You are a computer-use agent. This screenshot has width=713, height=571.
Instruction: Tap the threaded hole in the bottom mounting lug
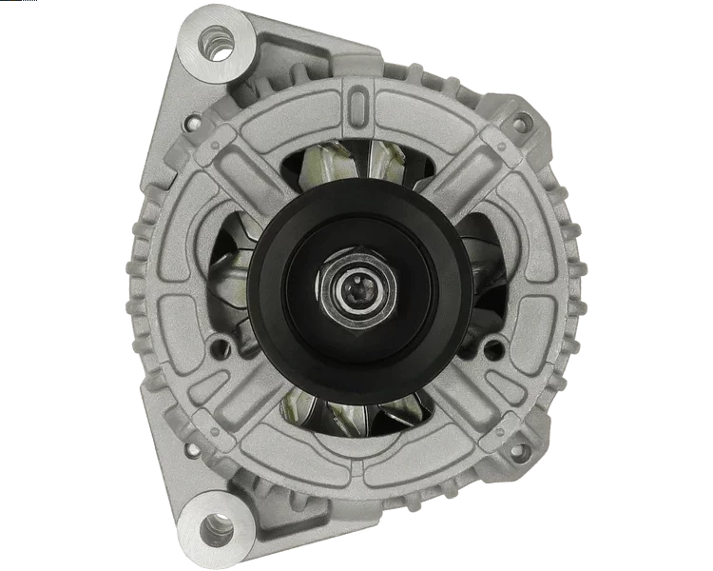[x=218, y=526]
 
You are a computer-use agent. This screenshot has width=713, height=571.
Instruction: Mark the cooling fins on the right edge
[x=578, y=285]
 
